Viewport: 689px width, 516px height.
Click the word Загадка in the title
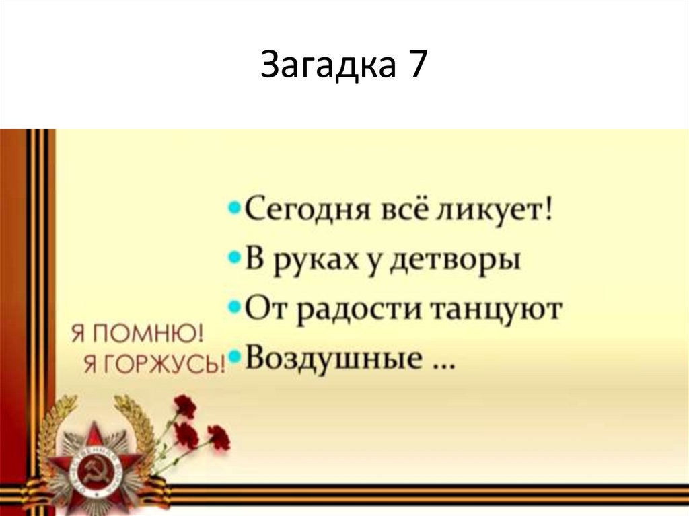324,67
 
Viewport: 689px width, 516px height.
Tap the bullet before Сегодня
234,209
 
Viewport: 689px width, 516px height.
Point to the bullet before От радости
234,306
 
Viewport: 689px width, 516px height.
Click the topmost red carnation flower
185,406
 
